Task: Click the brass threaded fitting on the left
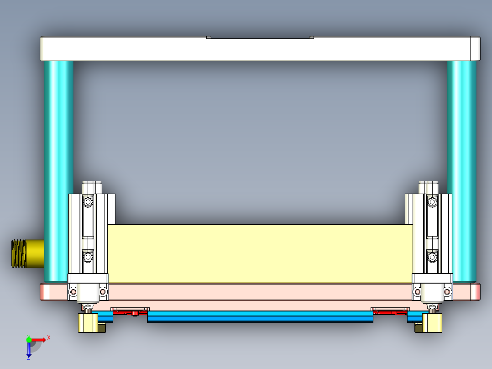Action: click(26, 253)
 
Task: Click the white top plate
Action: click(260, 49)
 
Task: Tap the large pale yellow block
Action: click(260, 253)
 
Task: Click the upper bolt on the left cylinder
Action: click(88, 201)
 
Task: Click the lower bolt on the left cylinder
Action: click(88, 258)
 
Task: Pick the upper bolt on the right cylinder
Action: click(431, 201)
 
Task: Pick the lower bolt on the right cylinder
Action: click(431, 258)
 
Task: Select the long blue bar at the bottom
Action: click(260, 316)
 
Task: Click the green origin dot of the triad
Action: click(29, 339)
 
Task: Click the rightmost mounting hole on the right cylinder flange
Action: click(447, 291)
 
